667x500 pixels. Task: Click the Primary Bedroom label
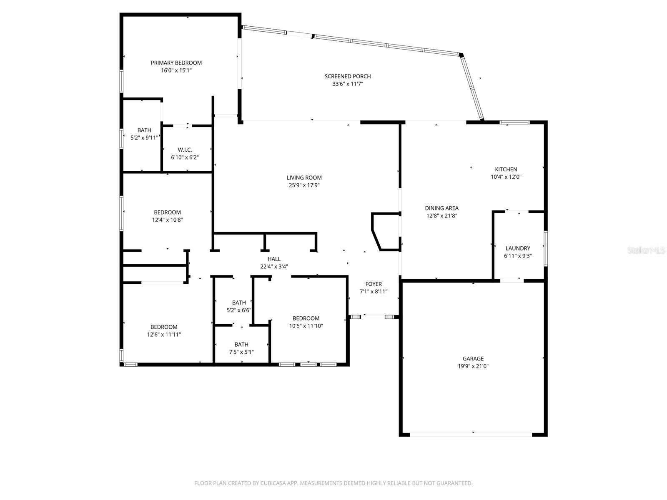tap(176, 63)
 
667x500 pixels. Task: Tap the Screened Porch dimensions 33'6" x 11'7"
tap(348, 84)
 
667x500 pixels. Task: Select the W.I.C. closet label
tap(185, 150)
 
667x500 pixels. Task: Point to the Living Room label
tap(304, 177)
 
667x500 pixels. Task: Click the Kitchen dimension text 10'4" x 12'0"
tap(506, 177)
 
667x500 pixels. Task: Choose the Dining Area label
tap(441, 208)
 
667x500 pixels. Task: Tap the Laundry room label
tap(517, 248)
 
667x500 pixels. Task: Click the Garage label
tap(473, 358)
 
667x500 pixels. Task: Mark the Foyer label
tap(374, 284)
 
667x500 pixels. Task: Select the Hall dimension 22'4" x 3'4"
tap(274, 267)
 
